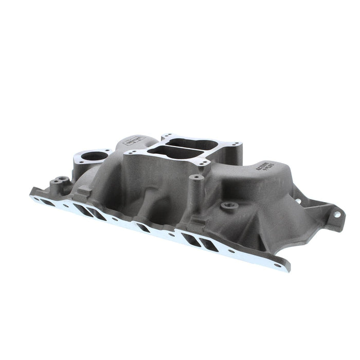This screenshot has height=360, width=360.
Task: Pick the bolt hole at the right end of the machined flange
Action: [278, 266]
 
